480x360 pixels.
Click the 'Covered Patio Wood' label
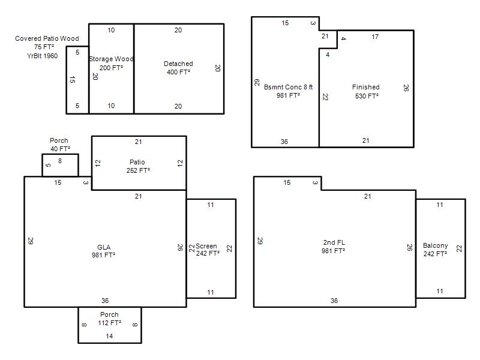[47, 38]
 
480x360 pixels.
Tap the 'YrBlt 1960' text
[42, 56]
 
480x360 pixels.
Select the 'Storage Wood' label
[111, 59]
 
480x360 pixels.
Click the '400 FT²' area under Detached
[178, 72]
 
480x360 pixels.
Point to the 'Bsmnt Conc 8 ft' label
[289, 87]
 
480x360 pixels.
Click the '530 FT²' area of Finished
[367, 96]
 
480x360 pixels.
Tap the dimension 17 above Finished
[375, 37]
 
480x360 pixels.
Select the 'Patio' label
[137, 162]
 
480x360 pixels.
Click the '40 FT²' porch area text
[61, 149]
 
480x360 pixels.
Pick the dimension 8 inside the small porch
[60, 161]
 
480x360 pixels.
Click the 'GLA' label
[104, 247]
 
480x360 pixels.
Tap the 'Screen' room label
[206, 246]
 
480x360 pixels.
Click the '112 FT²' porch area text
[110, 323]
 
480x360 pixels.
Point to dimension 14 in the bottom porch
[109, 336]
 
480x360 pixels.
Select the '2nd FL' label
[334, 242]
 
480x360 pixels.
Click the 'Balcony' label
[436, 245]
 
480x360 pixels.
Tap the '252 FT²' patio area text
[139, 170]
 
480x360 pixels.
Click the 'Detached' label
[178, 64]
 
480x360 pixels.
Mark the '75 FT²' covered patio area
[44, 47]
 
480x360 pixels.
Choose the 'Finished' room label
[366, 87]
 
